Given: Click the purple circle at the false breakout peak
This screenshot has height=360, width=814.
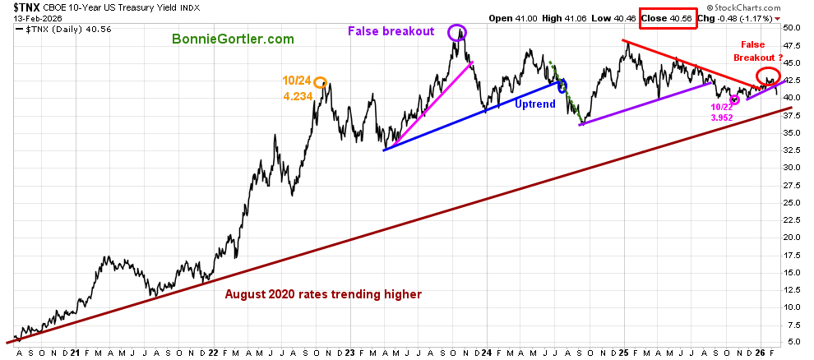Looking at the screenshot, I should pos(457,33).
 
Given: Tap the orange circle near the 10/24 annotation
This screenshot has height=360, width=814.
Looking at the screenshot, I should pos(320,81).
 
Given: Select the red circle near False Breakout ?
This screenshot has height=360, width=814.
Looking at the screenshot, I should pos(767,76).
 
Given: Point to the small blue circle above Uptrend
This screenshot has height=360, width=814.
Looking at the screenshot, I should pos(562,85).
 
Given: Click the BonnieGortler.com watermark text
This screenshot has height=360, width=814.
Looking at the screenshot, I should pos(233,39).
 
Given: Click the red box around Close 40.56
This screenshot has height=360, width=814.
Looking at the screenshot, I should pos(668,16).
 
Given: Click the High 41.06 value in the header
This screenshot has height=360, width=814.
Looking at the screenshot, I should pos(571,16).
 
